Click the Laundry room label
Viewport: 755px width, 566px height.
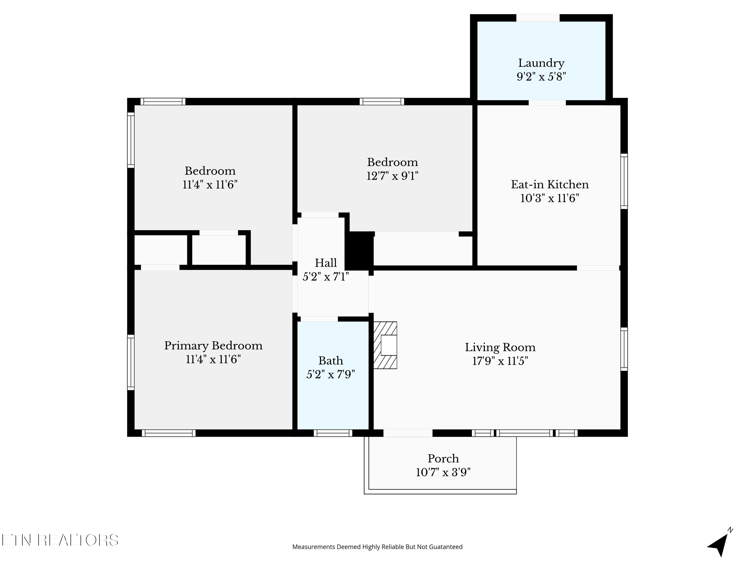click(x=541, y=63)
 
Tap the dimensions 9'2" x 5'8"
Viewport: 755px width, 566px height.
click(x=541, y=77)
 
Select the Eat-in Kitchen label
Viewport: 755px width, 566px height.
click(x=550, y=185)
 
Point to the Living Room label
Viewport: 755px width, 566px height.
click(x=500, y=347)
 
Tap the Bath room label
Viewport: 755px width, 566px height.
click(x=331, y=361)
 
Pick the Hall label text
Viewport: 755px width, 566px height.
click(x=326, y=263)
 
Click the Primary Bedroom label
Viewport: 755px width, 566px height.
click(x=213, y=346)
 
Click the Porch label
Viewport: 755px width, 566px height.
click(x=443, y=459)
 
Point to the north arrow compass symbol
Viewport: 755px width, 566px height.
click(x=720, y=542)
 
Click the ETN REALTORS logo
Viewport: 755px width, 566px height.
click(x=60, y=540)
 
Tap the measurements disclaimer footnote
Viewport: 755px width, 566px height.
click(x=377, y=547)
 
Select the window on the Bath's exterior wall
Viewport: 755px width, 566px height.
click(x=333, y=433)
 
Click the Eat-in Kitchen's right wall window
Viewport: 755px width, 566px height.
click(x=624, y=181)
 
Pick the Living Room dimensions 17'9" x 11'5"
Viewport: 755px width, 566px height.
click(x=500, y=361)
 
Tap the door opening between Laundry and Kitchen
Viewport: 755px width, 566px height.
click(x=547, y=102)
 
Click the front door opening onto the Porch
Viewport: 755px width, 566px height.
click(x=408, y=433)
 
